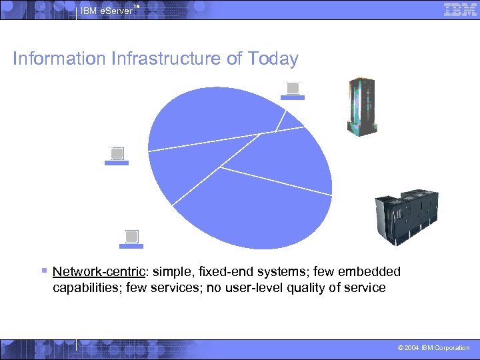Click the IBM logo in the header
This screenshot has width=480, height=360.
point(459,9)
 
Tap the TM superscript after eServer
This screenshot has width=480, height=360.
point(136,6)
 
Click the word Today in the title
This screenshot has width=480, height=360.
point(272,59)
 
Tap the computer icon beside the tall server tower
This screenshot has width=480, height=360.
point(292,90)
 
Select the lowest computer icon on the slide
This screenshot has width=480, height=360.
point(131,239)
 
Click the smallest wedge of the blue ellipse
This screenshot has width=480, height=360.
point(291,120)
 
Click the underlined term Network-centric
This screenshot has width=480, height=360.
point(100,272)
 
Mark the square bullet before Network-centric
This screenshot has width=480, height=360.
point(43,271)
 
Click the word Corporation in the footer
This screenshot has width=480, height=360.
point(453,348)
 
